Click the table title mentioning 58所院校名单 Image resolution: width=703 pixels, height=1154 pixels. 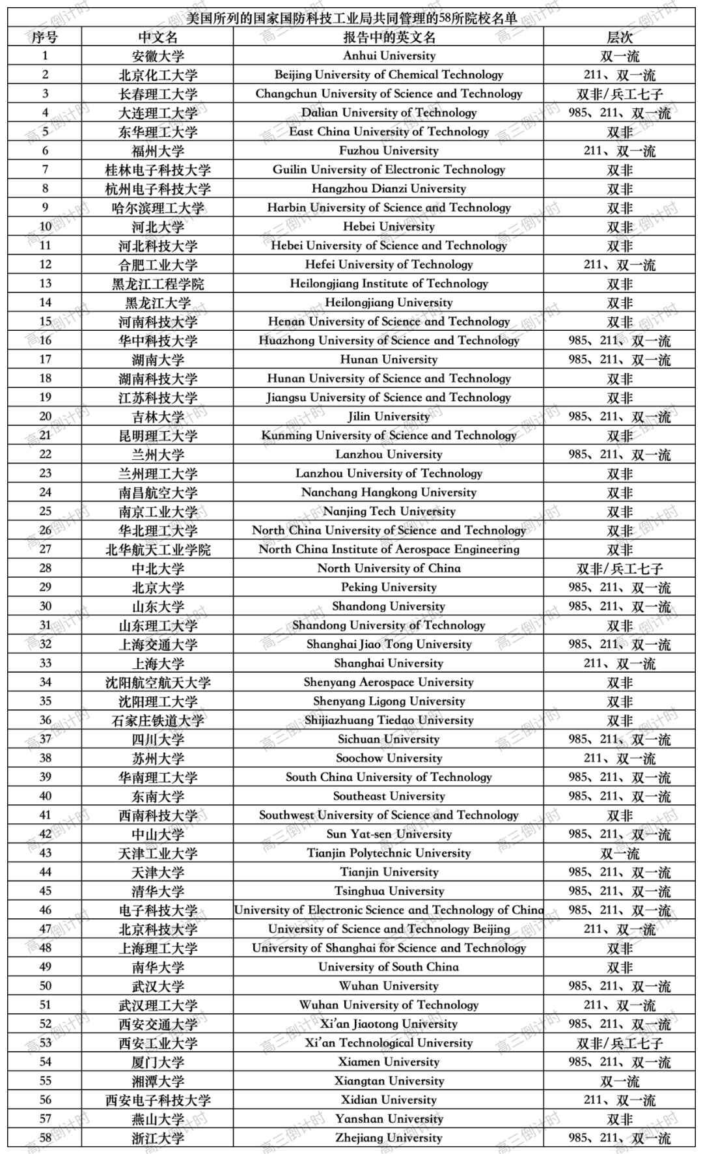[351, 18]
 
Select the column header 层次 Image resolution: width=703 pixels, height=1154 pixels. [619, 37]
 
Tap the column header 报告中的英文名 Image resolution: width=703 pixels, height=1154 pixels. [389, 37]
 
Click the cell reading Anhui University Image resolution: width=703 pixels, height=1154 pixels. [389, 56]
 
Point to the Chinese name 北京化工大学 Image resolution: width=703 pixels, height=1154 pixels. [158, 75]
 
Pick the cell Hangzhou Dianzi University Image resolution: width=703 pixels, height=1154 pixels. [389, 189]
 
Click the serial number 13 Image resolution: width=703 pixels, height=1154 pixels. [45, 283]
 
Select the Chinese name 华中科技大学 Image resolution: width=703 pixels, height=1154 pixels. [158, 341]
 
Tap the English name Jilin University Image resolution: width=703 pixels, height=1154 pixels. [389, 417]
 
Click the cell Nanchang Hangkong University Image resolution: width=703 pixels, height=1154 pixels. [389, 492]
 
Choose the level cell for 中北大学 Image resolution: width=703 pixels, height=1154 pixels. [619, 569]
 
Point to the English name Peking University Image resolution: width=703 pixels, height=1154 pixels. [389, 587]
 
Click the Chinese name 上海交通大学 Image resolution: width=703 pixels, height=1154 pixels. [158, 644]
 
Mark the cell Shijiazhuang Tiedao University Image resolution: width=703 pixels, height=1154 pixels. [389, 720]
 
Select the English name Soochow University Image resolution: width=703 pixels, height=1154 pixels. [389, 758]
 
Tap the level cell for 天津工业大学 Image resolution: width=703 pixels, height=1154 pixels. [619, 853]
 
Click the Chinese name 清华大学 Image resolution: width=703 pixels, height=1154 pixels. [158, 891]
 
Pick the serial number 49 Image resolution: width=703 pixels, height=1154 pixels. [45, 967]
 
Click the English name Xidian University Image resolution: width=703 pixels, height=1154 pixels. [389, 1100]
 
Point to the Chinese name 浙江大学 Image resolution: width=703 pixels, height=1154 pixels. [158, 1138]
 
